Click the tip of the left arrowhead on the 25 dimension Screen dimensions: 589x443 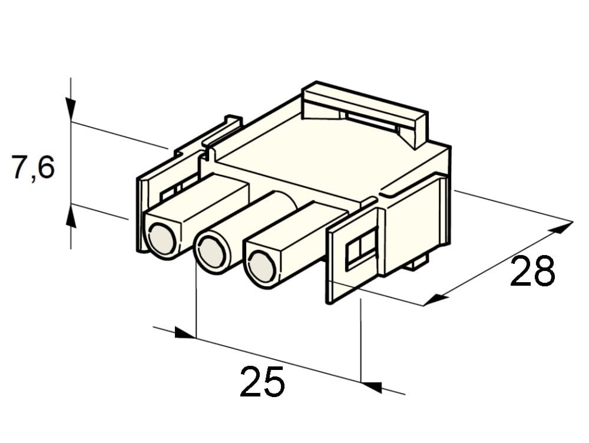[196, 338]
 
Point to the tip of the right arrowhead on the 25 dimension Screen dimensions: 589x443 [360, 383]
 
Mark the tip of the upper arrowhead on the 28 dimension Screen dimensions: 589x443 [573, 221]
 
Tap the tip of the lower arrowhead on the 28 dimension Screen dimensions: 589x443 [423, 306]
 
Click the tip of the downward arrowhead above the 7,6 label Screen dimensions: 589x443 [71, 121]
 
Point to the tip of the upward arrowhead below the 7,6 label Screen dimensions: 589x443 [71, 204]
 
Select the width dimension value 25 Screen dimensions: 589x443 [262, 381]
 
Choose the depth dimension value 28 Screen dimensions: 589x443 [532, 270]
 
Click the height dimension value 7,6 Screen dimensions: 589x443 [33, 167]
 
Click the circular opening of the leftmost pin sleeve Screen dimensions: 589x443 [162, 239]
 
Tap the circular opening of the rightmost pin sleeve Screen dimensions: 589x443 [263, 267]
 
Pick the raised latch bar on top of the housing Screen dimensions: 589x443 [365, 112]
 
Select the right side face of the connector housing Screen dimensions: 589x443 [417, 226]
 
